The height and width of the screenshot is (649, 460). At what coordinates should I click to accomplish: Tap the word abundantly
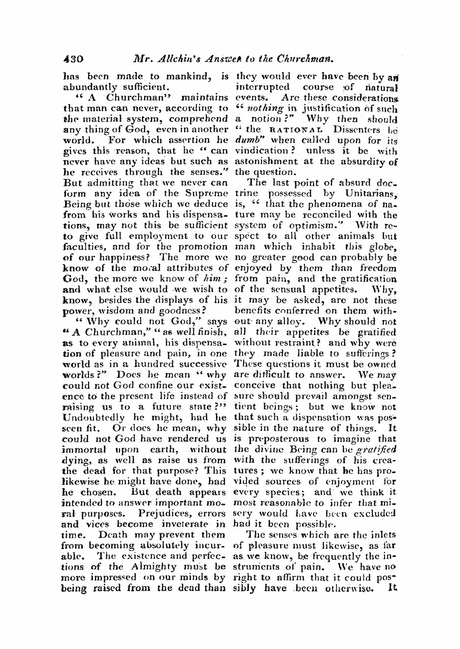[92, 88]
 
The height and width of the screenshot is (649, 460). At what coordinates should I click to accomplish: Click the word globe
[381, 247]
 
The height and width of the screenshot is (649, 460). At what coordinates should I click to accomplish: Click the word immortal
[85, 449]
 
